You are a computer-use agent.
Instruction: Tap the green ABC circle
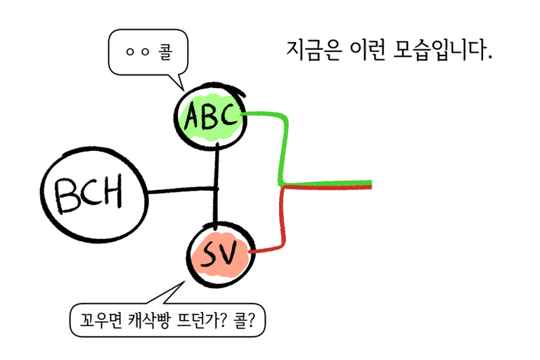tap(211, 119)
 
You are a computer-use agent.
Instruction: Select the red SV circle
tap(220, 255)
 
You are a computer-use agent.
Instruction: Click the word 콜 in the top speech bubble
tap(162, 52)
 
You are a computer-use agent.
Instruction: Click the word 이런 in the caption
tap(370, 49)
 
